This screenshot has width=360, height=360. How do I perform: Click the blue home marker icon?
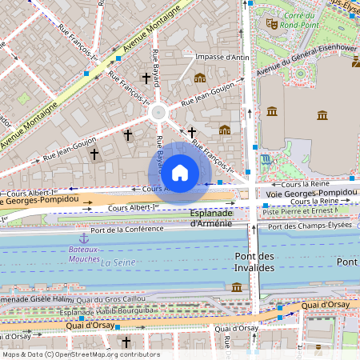pyautogui.click(x=180, y=172)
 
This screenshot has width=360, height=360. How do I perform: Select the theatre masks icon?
pyautogui.click(x=272, y=24)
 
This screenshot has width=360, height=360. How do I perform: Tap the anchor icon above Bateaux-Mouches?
pyautogui.click(x=83, y=238)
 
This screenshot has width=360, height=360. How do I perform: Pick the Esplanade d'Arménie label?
pyautogui.click(x=211, y=218)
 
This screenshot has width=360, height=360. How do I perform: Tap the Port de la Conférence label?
pyautogui.click(x=126, y=230)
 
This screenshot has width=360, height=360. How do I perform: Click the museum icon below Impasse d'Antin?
pyautogui.click(x=199, y=78)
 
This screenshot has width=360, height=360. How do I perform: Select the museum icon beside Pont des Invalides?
pyautogui.click(x=237, y=286)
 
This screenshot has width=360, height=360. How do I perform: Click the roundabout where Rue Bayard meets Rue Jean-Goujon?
pyautogui.click(x=158, y=113)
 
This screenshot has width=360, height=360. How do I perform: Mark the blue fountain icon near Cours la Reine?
pyautogui.click(x=265, y=160)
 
